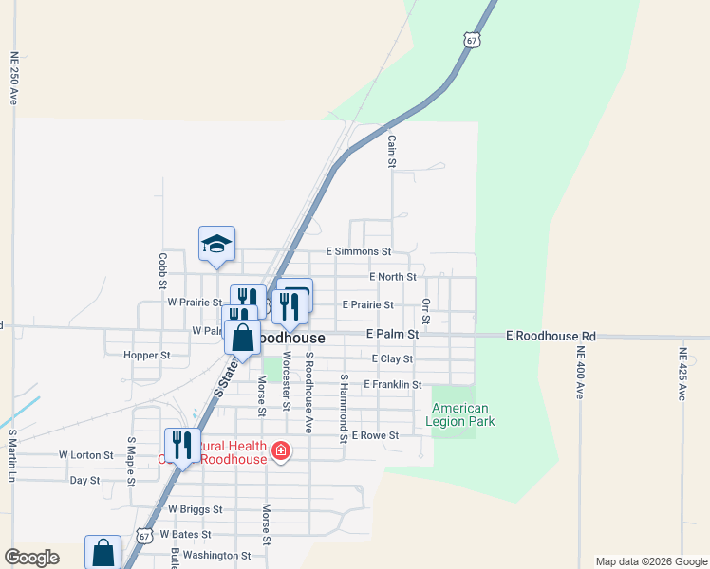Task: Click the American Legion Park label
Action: tap(460, 414)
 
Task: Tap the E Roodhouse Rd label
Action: tap(551, 336)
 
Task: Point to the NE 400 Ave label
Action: tap(579, 373)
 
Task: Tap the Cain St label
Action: tap(391, 151)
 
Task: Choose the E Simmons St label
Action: tap(359, 251)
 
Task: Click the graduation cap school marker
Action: tap(216, 244)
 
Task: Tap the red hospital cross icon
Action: tap(281, 450)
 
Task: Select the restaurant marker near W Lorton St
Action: tap(182, 445)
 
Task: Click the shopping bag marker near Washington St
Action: tap(103, 553)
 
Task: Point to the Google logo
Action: tap(31, 558)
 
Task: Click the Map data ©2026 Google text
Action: tap(650, 561)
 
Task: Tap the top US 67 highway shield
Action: tap(472, 40)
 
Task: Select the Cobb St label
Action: tap(162, 270)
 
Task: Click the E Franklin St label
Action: tap(385, 384)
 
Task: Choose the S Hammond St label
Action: tap(343, 408)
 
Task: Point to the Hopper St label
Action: tap(146, 356)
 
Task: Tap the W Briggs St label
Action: tap(195, 509)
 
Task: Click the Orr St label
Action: tap(425, 310)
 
